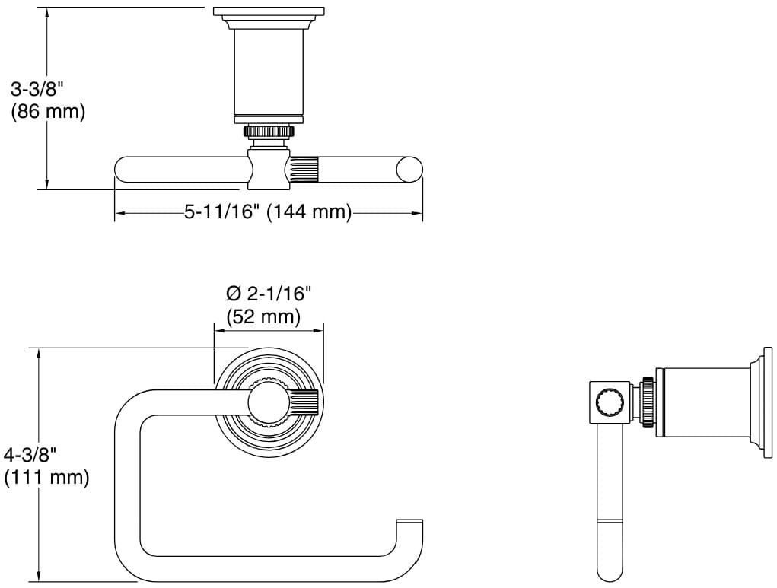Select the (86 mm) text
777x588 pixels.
(x=47, y=111)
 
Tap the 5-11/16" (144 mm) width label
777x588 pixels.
(x=266, y=211)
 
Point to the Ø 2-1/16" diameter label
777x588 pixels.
(x=269, y=294)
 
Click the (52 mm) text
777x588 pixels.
(x=263, y=316)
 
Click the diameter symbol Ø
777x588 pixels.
(x=234, y=294)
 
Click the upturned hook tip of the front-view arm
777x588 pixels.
(x=409, y=526)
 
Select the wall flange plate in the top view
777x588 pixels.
(x=269, y=12)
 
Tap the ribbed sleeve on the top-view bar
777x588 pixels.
(x=305, y=169)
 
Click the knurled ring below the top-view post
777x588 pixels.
(x=269, y=131)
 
